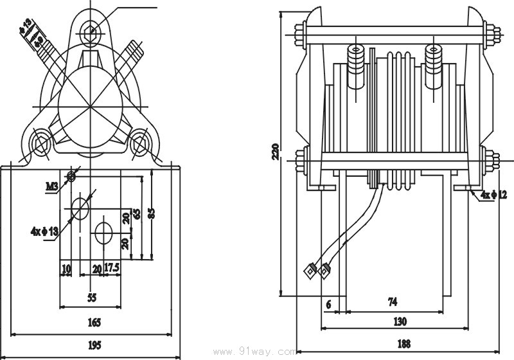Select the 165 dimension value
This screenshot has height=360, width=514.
click(94, 321)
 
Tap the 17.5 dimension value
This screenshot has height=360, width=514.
click(112, 268)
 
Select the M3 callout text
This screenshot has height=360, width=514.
click(52, 186)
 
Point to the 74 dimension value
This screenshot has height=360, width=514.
click(392, 301)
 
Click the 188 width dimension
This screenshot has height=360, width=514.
click(403, 344)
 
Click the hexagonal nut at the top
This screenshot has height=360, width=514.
click(91, 30)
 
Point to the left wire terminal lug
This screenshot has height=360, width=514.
click(310, 270)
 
